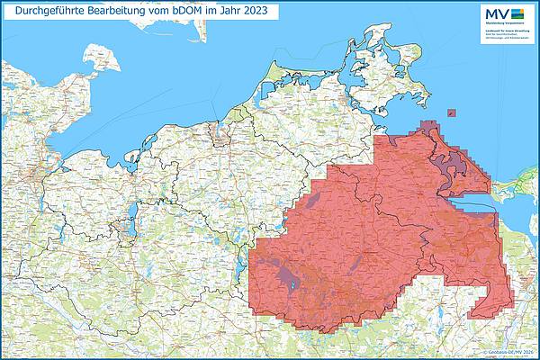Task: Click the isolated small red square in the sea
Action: (450, 113)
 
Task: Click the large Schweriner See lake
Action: (133, 216)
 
